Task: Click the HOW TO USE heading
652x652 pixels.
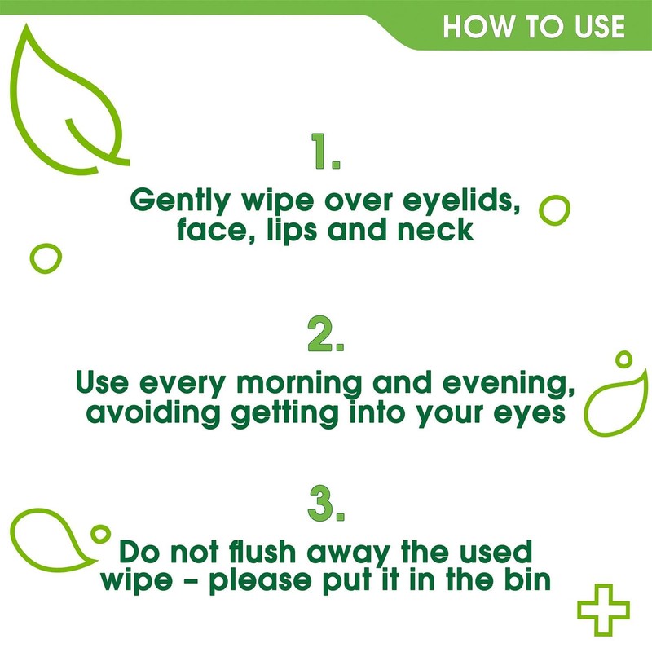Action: (534, 26)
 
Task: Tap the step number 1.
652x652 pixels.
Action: (325, 152)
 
